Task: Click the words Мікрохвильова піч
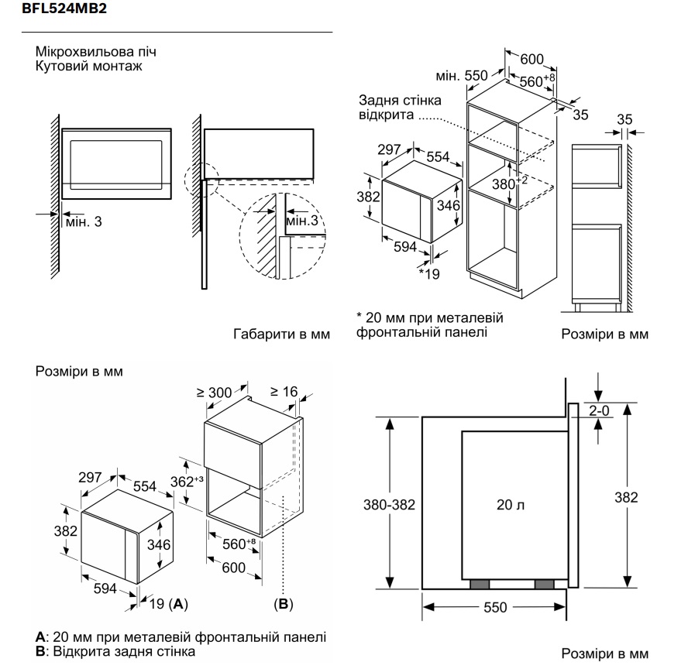95,53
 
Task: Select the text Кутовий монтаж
89,67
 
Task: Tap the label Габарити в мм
281,334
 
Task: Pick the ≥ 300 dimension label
215,393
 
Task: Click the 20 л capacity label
511,505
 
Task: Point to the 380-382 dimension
390,505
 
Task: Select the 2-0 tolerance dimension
599,411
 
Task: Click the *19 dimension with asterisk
428,273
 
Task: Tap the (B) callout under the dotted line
284,602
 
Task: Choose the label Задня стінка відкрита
400,108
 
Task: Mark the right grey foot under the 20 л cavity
544,584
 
